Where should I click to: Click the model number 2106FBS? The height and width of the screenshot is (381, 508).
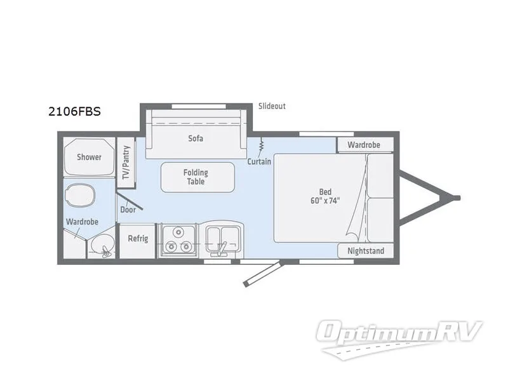coord(74,111)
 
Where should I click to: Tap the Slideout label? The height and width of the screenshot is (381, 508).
coord(272,106)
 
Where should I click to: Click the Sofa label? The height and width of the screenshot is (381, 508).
coord(196,138)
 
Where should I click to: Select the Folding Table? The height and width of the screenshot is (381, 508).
coord(196,177)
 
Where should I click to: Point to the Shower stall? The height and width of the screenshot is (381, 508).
coord(89,156)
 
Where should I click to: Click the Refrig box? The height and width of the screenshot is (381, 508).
coord(138,239)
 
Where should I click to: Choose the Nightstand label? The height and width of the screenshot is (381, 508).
coord(365,251)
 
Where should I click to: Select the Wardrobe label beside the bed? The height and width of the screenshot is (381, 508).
coord(363,145)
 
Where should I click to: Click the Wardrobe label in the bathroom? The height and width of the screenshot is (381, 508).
coord(81,222)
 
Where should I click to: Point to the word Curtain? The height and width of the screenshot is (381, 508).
coord(260,161)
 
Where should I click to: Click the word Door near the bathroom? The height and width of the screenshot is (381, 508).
coord(127,209)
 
